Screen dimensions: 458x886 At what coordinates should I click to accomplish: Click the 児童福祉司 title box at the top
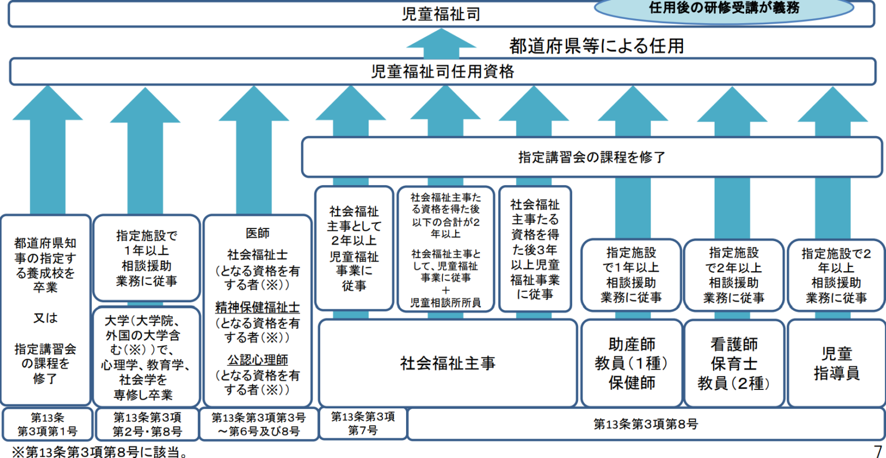[x=441, y=14]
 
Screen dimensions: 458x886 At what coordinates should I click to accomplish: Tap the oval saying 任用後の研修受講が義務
[x=723, y=8]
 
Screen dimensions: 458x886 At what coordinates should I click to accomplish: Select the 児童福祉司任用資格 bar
[x=442, y=72]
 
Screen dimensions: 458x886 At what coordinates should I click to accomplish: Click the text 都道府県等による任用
[x=596, y=46]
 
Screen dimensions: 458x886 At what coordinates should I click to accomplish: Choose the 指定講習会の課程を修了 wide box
[x=592, y=157]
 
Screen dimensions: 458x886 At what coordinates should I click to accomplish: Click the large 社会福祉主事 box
[x=448, y=363]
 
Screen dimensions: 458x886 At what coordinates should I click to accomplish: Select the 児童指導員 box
[x=836, y=363]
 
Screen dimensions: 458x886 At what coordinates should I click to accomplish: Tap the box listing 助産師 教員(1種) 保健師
[x=632, y=363]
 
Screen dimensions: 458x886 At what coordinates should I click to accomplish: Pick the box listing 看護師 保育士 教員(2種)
[x=734, y=363]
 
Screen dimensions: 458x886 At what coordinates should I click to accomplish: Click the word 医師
[x=257, y=234]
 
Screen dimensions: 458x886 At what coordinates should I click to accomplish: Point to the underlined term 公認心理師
[x=257, y=360]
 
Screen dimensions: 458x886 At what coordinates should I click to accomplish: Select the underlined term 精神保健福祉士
[x=257, y=307]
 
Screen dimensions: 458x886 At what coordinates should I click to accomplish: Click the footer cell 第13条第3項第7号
[x=363, y=423]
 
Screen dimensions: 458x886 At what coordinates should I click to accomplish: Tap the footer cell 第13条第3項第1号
[x=47, y=425]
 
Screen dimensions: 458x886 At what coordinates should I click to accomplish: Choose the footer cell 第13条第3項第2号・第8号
[x=147, y=425]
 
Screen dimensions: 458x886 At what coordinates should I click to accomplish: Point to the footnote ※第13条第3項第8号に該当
[x=100, y=452]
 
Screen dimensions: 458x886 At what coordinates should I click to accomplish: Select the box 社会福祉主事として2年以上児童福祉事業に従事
[x=354, y=248]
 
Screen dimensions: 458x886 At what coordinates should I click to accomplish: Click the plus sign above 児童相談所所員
[x=445, y=291]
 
